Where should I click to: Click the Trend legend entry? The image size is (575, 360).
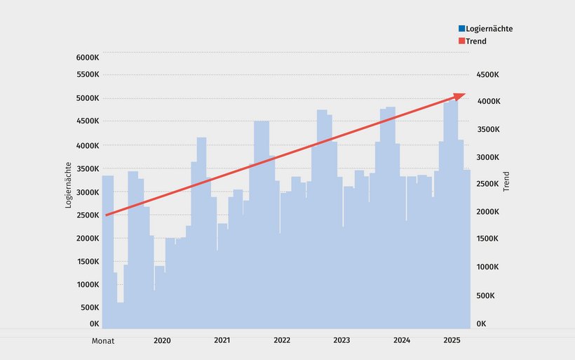476,41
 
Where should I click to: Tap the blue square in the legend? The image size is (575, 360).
462,29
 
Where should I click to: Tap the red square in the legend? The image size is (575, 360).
462,41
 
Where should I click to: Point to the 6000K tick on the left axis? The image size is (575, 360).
87,57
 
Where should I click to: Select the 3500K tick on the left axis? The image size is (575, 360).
87,169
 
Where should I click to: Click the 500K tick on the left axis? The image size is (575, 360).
89,307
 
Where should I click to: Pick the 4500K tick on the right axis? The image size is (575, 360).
488,74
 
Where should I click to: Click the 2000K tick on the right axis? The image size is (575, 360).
488,212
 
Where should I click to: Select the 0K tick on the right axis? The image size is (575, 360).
481,324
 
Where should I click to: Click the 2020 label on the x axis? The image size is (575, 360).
162,340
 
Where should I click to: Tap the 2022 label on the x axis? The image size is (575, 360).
282,340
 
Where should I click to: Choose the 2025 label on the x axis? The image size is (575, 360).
452,340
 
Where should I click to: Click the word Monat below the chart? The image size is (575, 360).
102,341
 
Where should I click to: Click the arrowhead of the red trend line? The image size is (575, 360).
459,95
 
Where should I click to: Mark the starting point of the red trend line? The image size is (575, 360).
106,215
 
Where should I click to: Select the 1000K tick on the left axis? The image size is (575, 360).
87,284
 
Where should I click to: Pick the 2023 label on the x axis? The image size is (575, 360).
341,340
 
